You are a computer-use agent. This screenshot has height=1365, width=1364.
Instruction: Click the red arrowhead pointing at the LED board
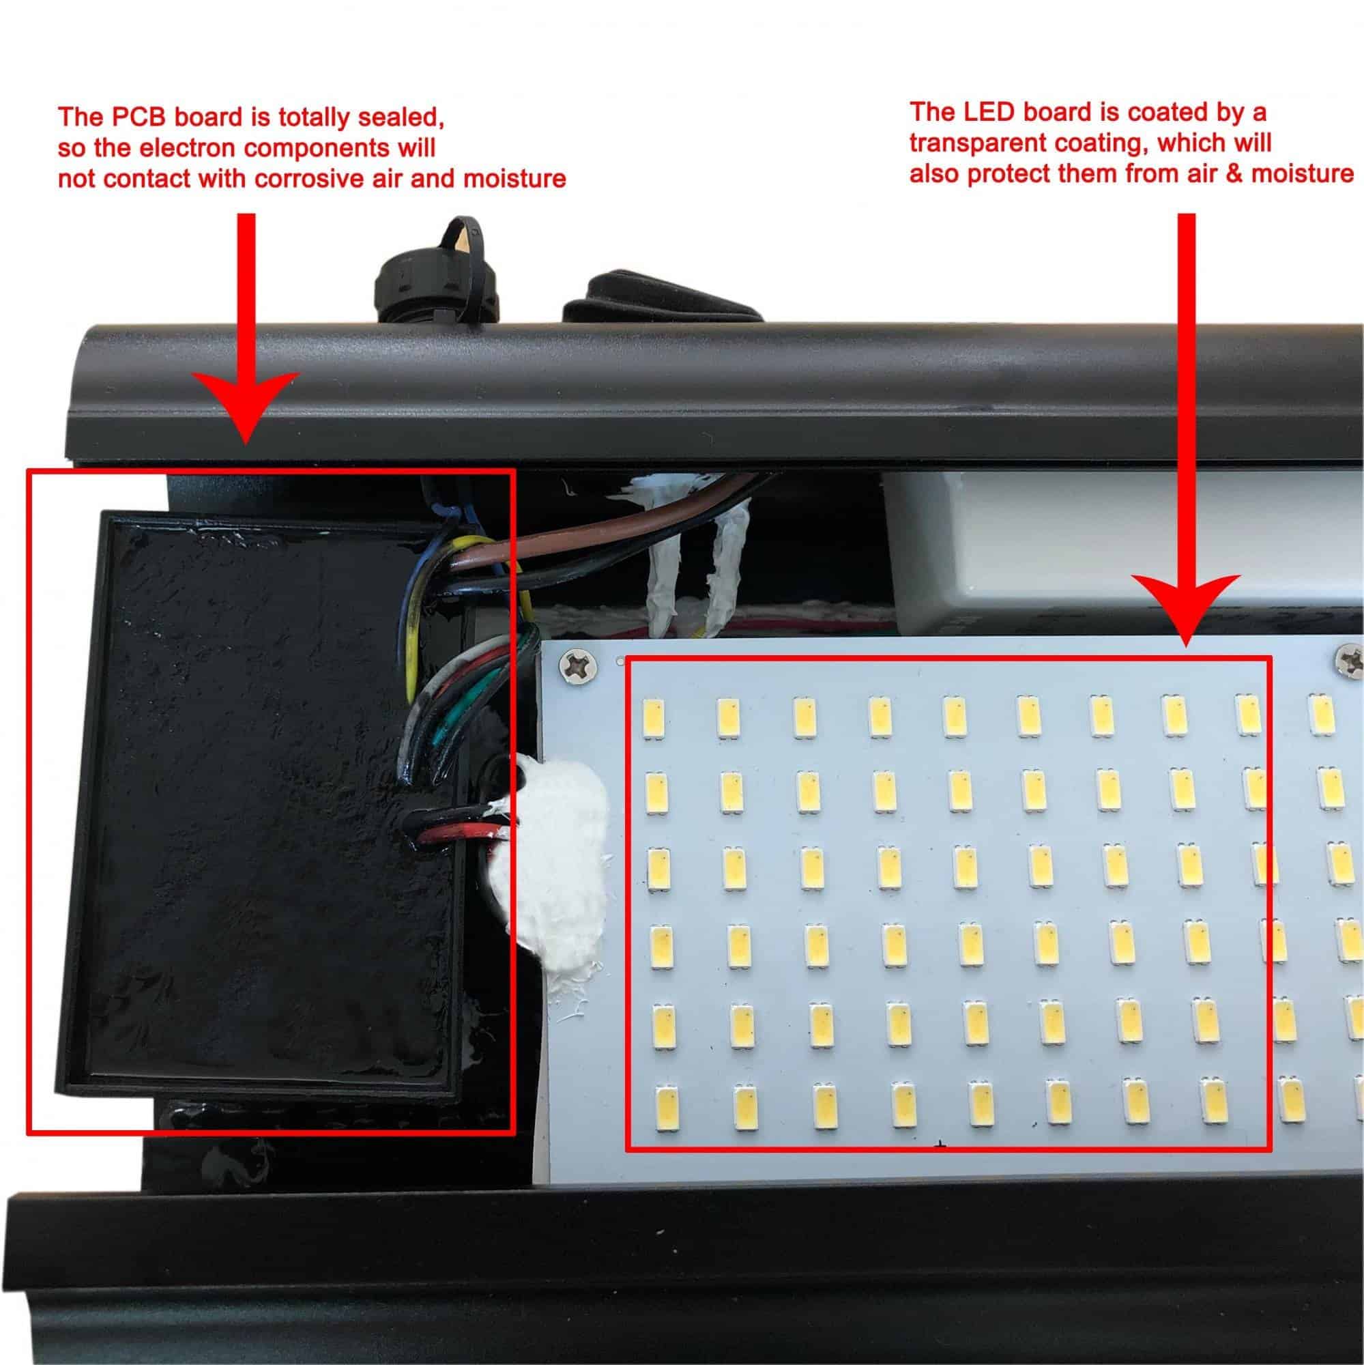1186,607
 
